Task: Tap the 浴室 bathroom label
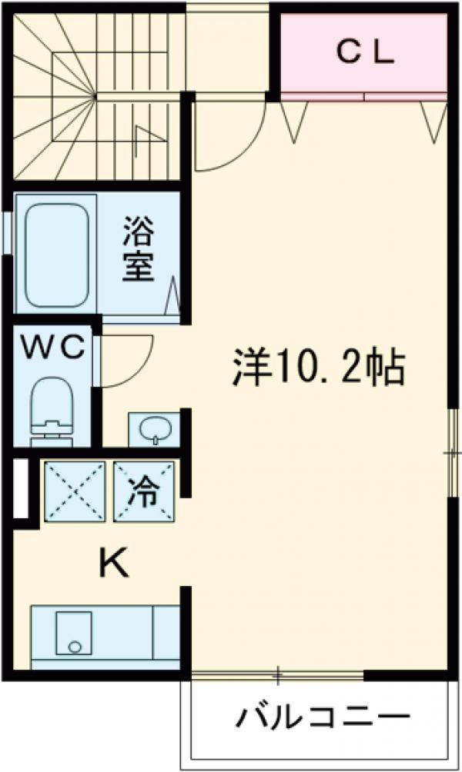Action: (139, 249)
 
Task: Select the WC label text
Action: (52, 348)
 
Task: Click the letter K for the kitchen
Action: (112, 566)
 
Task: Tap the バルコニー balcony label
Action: (323, 720)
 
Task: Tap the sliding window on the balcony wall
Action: (277, 676)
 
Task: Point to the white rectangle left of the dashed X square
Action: (21, 489)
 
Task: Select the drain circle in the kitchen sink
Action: (74, 647)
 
